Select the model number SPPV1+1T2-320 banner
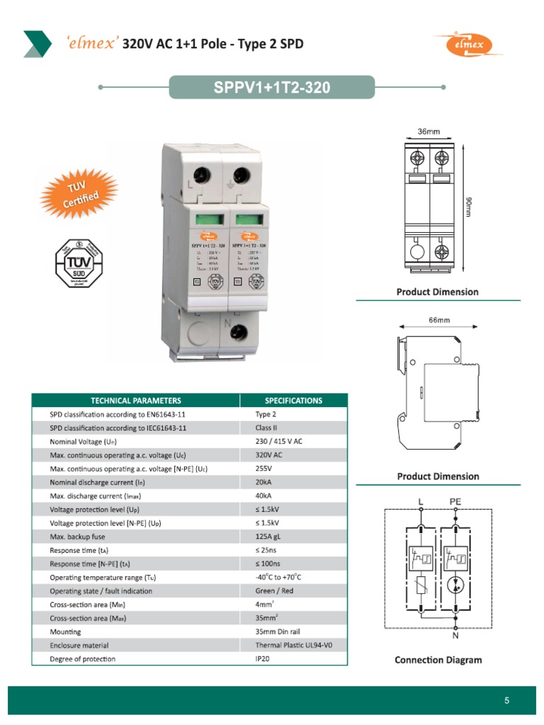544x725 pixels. (272, 88)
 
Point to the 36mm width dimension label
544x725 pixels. (429, 132)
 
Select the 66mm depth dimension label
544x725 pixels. (439, 320)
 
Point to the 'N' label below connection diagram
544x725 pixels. (455, 635)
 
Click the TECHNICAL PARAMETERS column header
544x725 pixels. (135, 401)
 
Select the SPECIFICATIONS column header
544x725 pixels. (293, 401)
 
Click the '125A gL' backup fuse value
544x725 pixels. (270, 537)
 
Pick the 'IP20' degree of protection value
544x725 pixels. (263, 658)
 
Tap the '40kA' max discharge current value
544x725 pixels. (263, 496)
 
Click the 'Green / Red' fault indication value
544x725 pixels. (273, 590)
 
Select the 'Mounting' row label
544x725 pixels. (65, 632)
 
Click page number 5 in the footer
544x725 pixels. (506, 701)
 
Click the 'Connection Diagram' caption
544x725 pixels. (438, 660)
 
